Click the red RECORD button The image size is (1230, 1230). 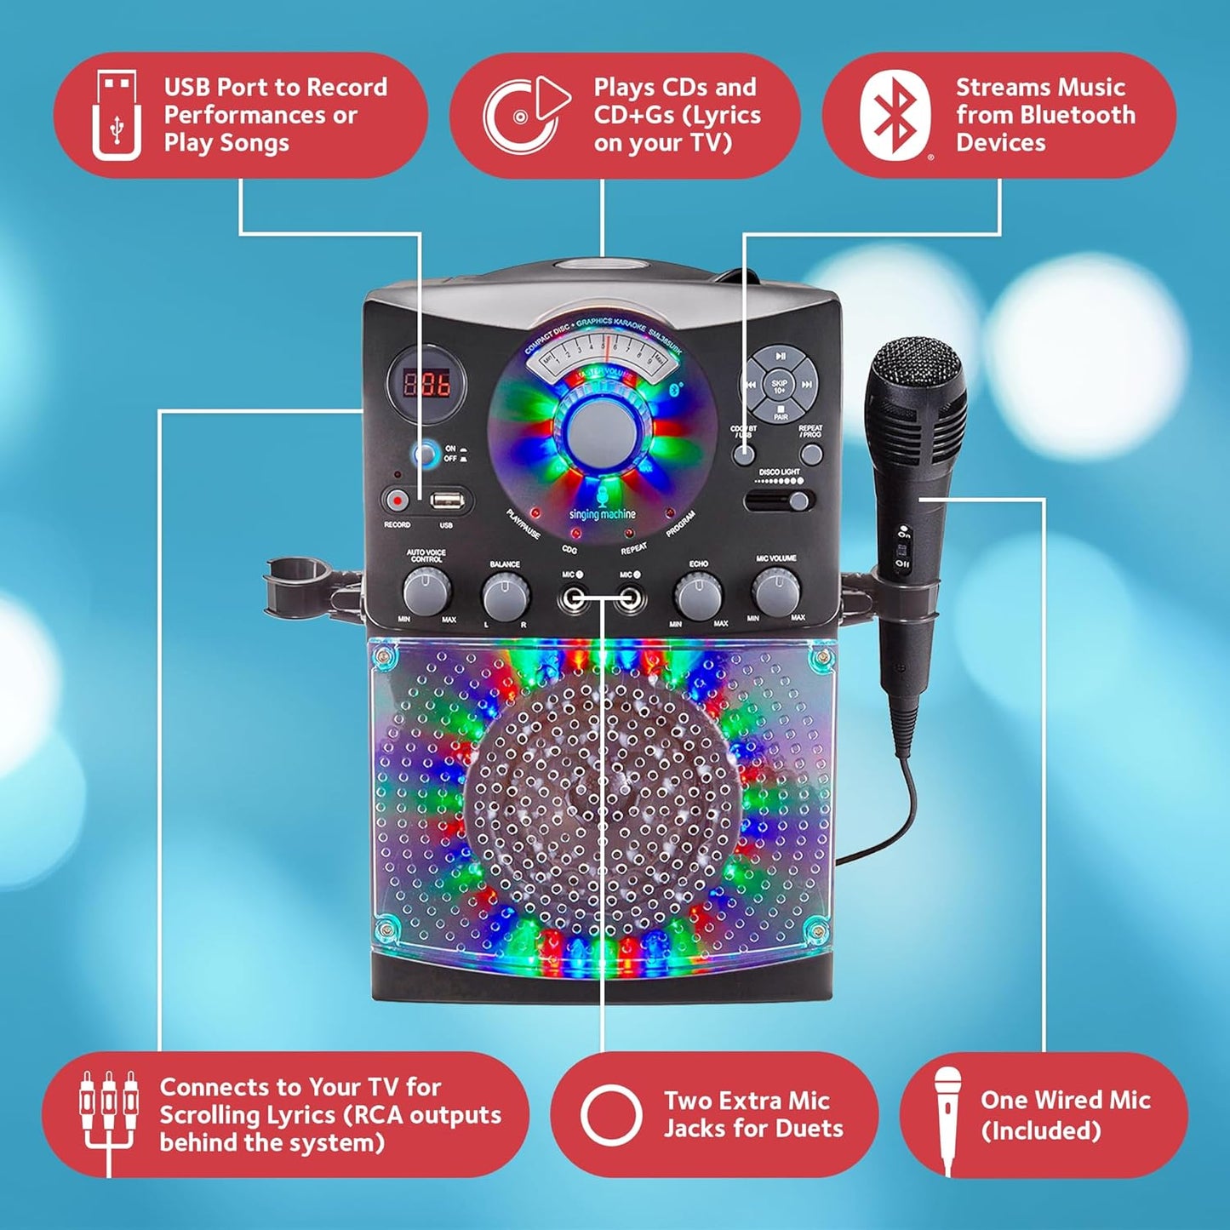[396, 501]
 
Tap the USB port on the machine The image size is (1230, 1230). [446, 500]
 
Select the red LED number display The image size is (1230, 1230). [427, 384]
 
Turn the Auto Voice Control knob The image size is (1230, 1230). [426, 589]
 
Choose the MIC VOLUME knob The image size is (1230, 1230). [776, 591]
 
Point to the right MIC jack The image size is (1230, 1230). [629, 600]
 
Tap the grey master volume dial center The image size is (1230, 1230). [603, 430]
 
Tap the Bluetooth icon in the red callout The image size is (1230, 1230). [893, 115]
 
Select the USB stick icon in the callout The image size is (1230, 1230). [117, 115]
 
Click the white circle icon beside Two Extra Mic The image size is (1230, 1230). [610, 1114]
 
